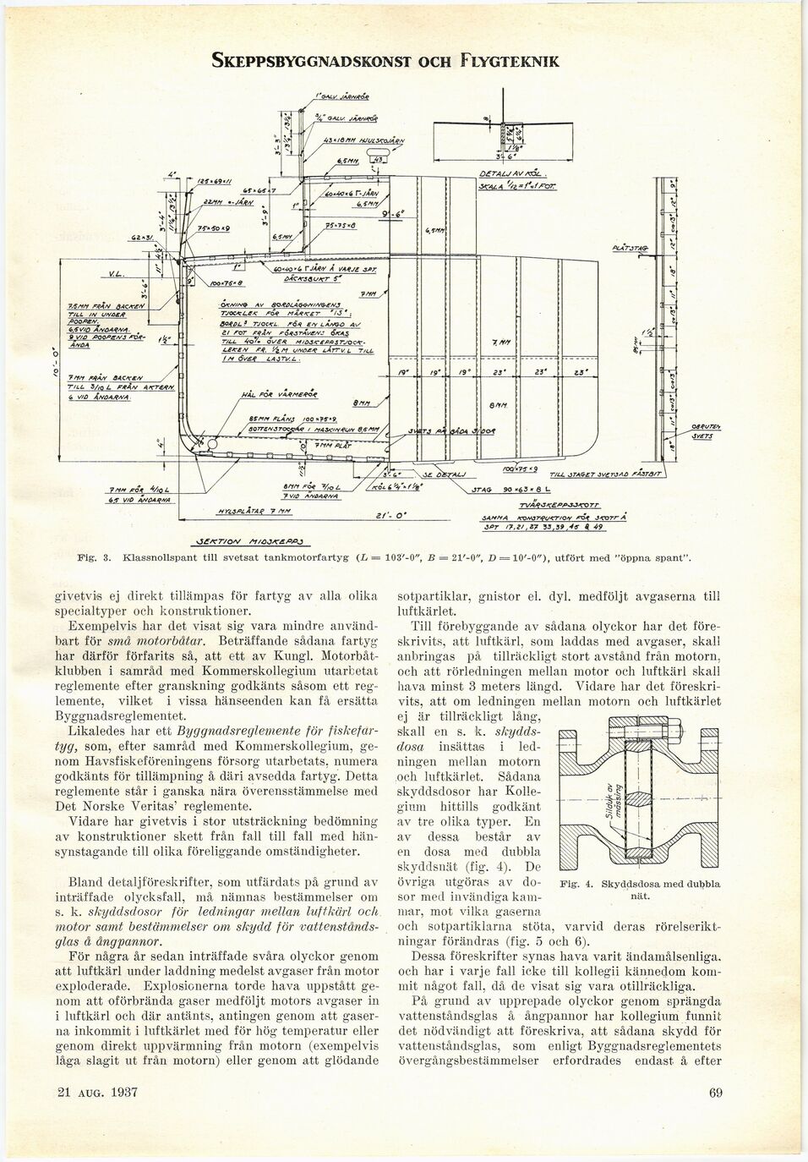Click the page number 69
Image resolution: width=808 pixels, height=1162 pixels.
click(x=715, y=1093)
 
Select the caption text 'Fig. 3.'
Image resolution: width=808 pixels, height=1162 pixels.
click(x=91, y=558)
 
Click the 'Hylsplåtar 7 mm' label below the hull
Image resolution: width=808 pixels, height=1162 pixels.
click(x=242, y=511)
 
